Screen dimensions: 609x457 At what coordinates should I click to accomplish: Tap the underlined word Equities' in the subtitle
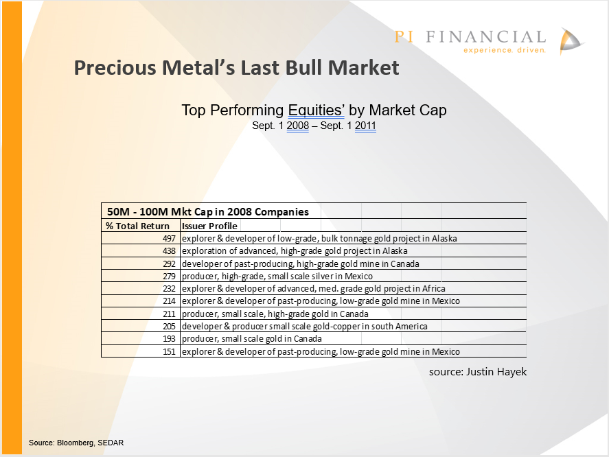pyautogui.click(x=316, y=110)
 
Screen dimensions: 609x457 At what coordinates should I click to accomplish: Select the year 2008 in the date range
pyautogui.click(x=298, y=126)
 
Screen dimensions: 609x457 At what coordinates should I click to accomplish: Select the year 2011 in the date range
pyautogui.click(x=365, y=126)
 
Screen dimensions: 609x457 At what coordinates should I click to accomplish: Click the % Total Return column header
pyautogui.click(x=137, y=226)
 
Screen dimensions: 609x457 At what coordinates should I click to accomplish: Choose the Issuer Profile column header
pyautogui.click(x=209, y=226)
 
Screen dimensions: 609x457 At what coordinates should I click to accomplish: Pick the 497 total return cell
pyautogui.click(x=169, y=238)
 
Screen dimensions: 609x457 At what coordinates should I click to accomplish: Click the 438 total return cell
pyautogui.click(x=169, y=251)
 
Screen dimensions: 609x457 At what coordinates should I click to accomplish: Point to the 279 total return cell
pyautogui.click(x=169, y=276)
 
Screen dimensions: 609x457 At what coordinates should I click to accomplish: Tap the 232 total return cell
pyautogui.click(x=169, y=288)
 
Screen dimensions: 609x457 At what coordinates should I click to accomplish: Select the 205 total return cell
pyautogui.click(x=169, y=326)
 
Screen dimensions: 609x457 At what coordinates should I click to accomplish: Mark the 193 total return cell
pyautogui.click(x=169, y=338)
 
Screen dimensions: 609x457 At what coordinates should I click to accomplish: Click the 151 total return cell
pyautogui.click(x=169, y=351)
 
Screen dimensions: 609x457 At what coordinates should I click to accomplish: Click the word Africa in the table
pyautogui.click(x=433, y=288)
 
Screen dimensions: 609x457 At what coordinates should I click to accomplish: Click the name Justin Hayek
pyautogui.click(x=496, y=372)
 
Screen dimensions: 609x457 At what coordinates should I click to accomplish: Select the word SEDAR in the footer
pyautogui.click(x=111, y=443)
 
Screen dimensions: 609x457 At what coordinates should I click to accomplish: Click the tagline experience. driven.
pyautogui.click(x=505, y=50)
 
